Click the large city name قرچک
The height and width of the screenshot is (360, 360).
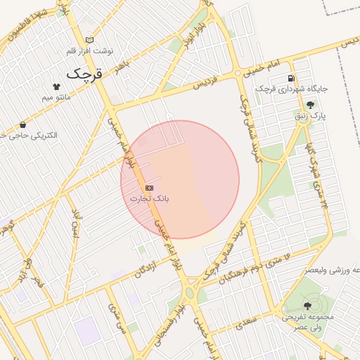coord(85,73)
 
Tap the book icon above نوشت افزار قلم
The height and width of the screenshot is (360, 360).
coord(89,40)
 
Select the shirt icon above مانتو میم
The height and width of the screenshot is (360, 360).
coord(57,85)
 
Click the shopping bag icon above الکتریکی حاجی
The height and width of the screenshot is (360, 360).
coord(23,124)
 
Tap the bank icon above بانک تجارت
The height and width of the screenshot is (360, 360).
coord(150,188)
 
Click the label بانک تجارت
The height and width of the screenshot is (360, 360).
coord(150,199)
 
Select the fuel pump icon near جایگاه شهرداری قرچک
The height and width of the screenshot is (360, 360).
coord(291,78)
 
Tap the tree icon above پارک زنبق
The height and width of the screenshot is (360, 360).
coord(310,105)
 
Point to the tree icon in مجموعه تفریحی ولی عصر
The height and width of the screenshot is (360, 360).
coord(307,306)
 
